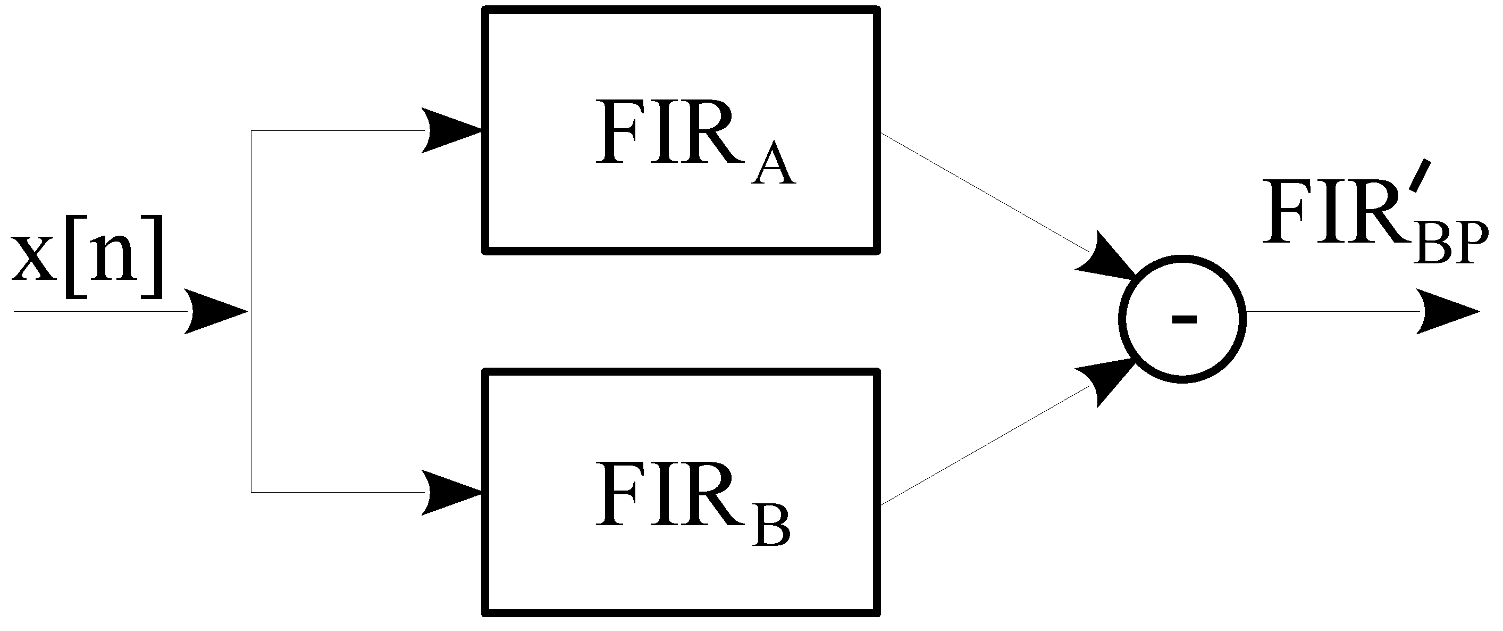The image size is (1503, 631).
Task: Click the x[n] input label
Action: [x=86, y=258]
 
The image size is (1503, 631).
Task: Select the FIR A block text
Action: [x=694, y=140]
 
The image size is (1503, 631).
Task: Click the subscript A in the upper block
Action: [x=773, y=163]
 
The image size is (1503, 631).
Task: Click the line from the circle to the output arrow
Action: [x=1330, y=312]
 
